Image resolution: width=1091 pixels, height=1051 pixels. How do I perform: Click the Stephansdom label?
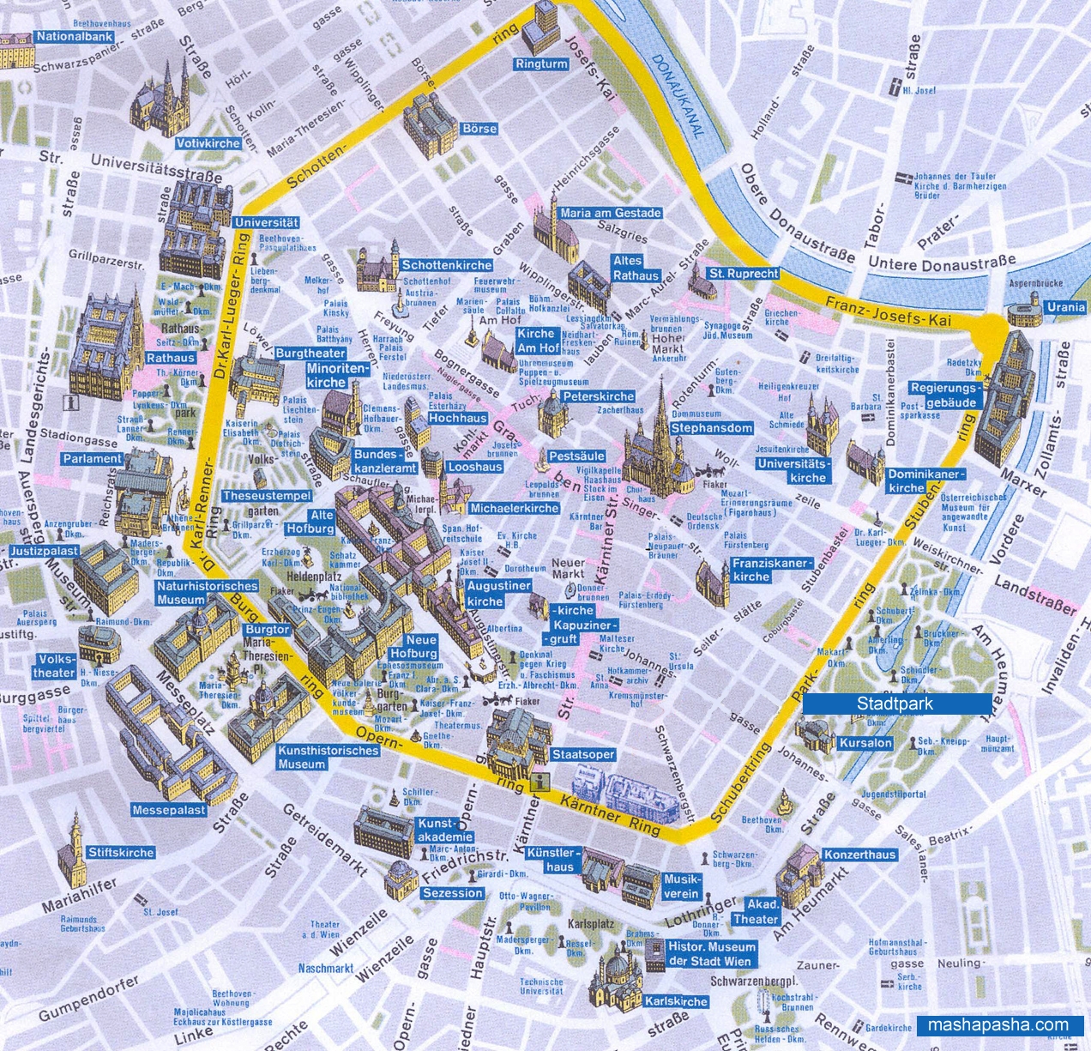tap(711, 427)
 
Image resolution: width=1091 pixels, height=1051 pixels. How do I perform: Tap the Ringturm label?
tap(541, 64)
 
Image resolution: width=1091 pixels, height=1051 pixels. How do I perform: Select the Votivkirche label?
tap(208, 143)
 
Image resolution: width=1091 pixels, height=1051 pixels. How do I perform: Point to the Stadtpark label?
tap(895, 704)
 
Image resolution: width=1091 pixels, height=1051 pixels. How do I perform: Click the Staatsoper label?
tap(582, 754)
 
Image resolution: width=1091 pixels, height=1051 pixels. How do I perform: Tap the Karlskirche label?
tap(676, 1001)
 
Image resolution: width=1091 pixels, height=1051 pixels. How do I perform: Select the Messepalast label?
tap(169, 810)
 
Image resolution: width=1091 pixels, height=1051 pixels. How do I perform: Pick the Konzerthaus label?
tap(859, 854)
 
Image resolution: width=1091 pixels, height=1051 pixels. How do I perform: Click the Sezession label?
tap(453, 892)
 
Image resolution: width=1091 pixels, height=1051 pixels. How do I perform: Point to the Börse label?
tap(479, 129)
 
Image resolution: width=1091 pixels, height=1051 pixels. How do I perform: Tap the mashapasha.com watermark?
tap(998, 1024)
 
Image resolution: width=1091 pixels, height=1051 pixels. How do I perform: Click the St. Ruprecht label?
tap(743, 274)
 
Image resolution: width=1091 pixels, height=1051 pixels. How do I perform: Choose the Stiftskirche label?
tap(121, 852)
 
